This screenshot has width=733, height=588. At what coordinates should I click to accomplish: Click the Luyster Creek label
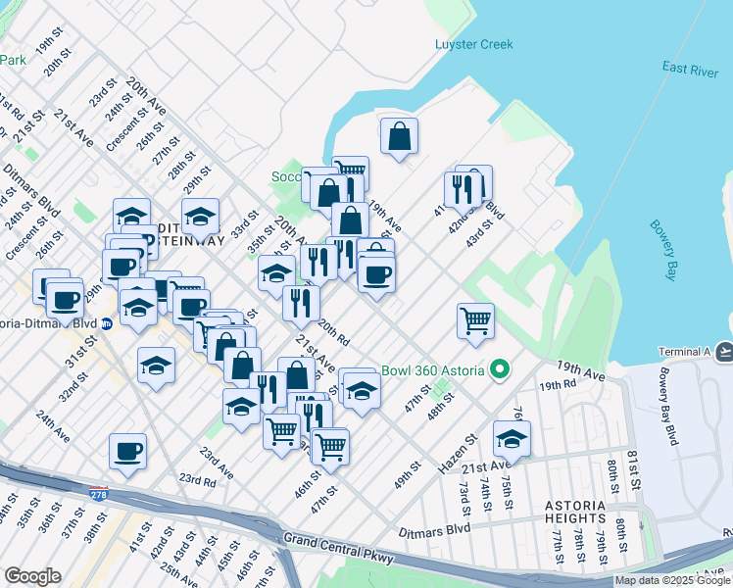pos(473,44)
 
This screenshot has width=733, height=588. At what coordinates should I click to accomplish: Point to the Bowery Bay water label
pos(663,249)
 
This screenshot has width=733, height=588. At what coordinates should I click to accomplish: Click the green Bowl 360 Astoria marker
pos(500,370)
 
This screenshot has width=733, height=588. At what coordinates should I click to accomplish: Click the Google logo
pos(32,576)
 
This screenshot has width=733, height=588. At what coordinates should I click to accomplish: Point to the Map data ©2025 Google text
pos(671,580)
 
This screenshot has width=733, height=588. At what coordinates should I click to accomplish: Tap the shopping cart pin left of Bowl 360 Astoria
pos(475,319)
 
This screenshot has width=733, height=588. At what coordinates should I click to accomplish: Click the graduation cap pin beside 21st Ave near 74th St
pos(512,437)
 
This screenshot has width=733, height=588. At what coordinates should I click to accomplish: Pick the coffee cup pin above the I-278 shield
pos(127,451)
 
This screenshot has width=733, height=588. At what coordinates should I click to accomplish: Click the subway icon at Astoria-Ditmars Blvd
pos(107,324)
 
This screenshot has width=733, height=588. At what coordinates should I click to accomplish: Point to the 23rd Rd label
pos(197,480)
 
